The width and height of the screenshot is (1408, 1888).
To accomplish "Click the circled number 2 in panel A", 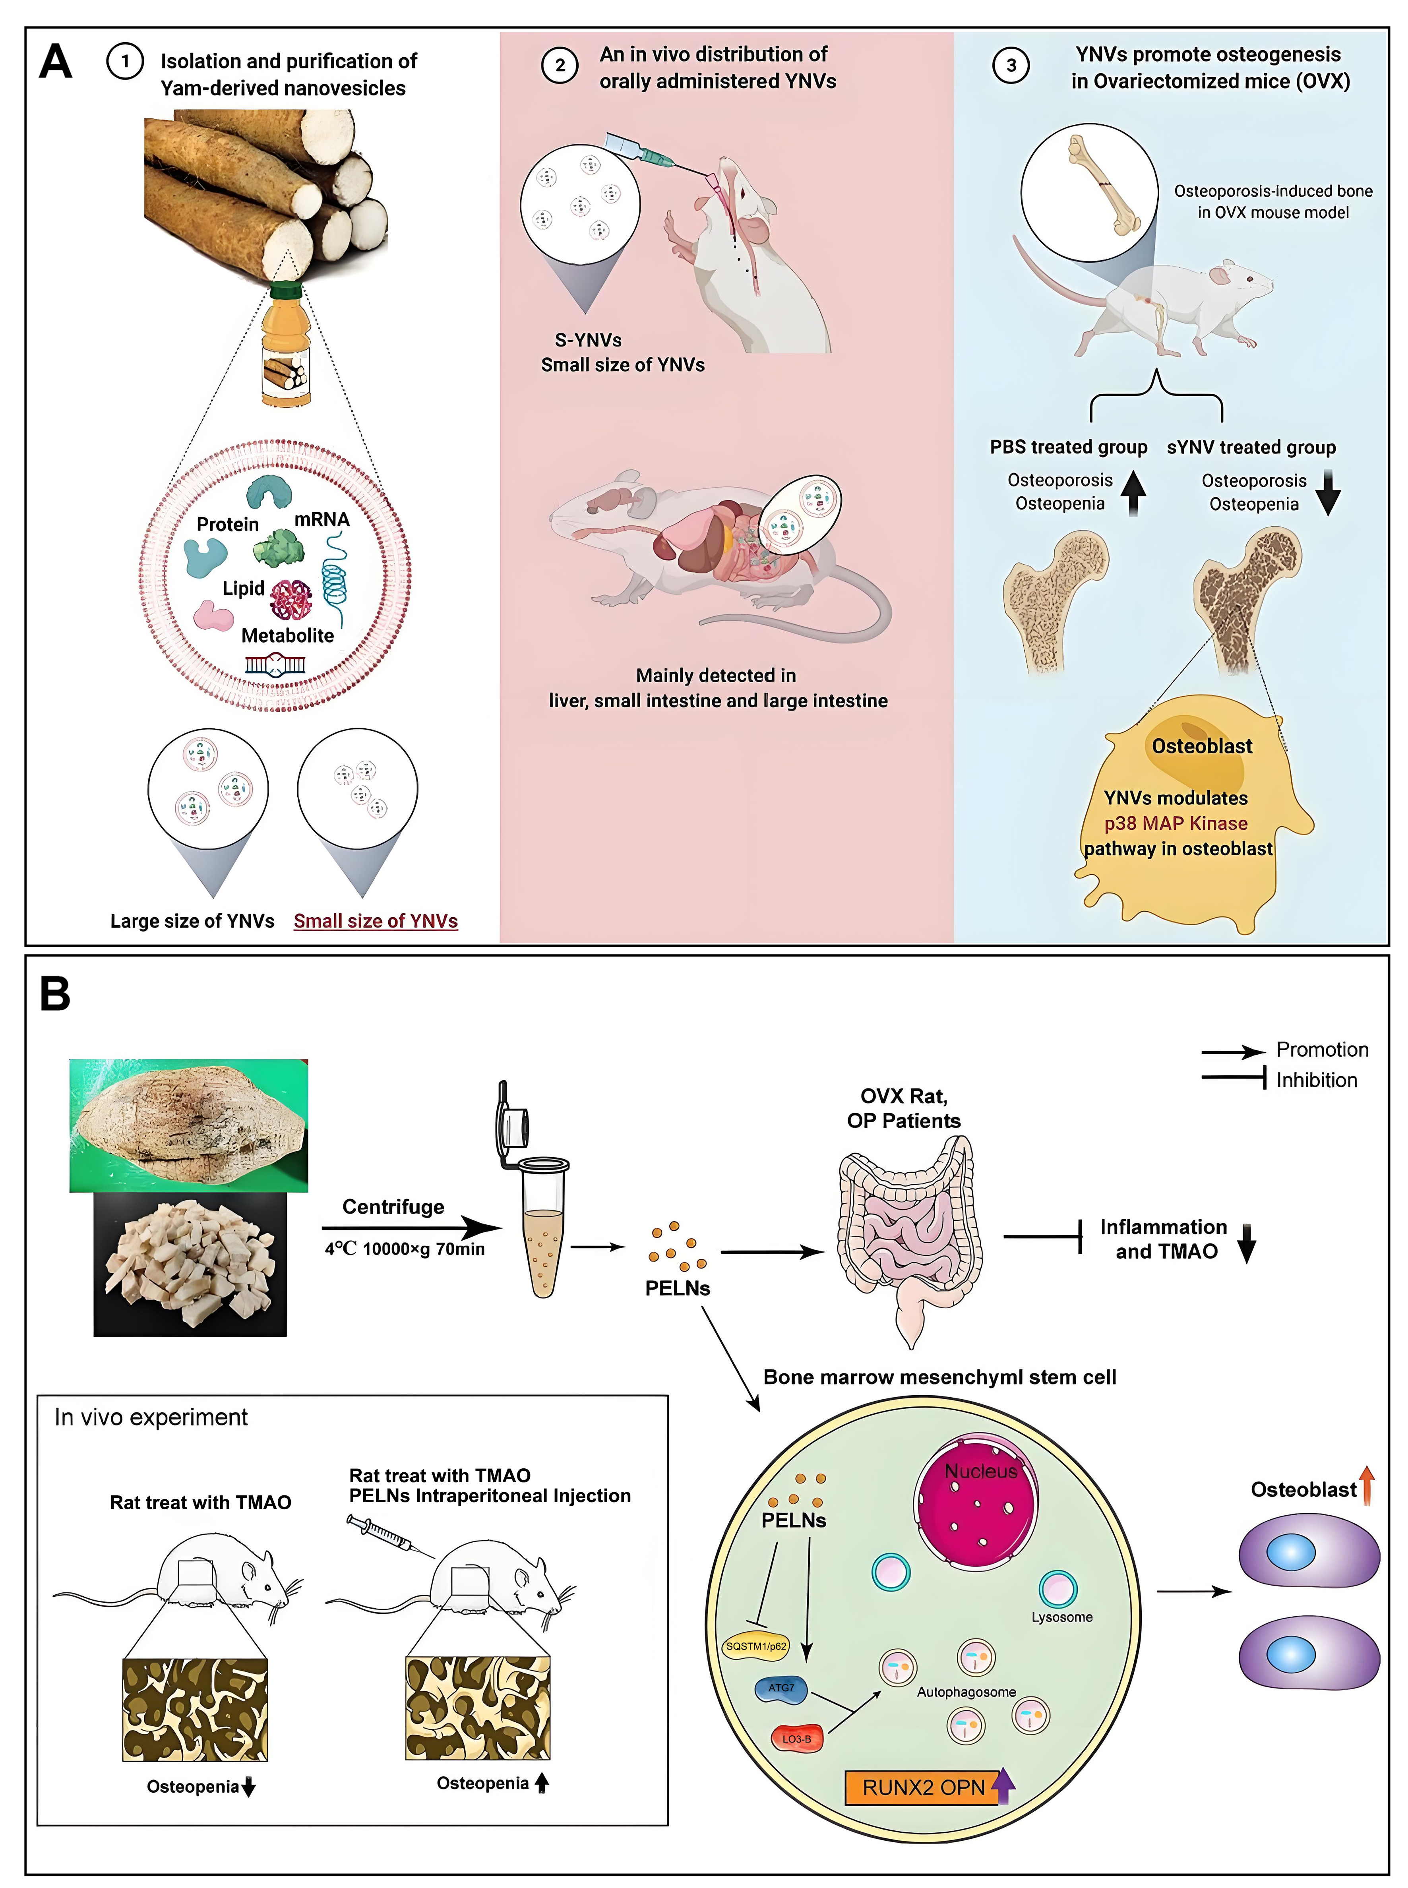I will click(x=560, y=66).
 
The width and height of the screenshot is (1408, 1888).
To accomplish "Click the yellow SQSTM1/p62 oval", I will click(x=755, y=1646).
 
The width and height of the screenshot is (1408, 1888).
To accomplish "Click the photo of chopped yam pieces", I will click(x=190, y=1264).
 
